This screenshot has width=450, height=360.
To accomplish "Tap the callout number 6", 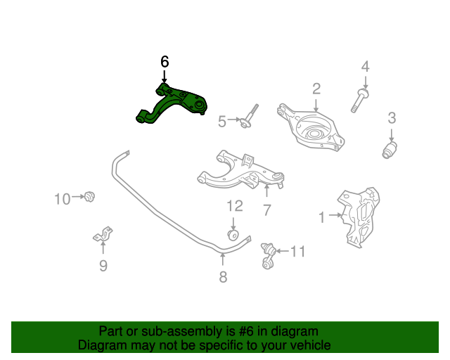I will pos(165,62).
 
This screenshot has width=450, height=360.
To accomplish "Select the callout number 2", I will pos(316,88).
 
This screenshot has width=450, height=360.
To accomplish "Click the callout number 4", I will pos(365,67).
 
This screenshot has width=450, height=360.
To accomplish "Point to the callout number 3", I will pos(392,118).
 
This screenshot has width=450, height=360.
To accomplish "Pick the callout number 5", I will pos(222,122).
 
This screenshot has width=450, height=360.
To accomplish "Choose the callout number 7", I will pos(267,209).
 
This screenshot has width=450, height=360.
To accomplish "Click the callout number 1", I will pos(322,218).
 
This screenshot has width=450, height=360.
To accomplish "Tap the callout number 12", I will pos(233,206).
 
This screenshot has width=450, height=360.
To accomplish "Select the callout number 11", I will pos(299,250).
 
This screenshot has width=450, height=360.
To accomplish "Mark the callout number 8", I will pos(223,277).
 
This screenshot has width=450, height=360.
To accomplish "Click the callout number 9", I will pos(103,265).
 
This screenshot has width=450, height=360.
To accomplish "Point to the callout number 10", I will pos(63,199).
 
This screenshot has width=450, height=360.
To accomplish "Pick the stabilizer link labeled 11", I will pos(266,255).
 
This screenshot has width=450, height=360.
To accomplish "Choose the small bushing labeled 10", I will pos(89,196).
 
